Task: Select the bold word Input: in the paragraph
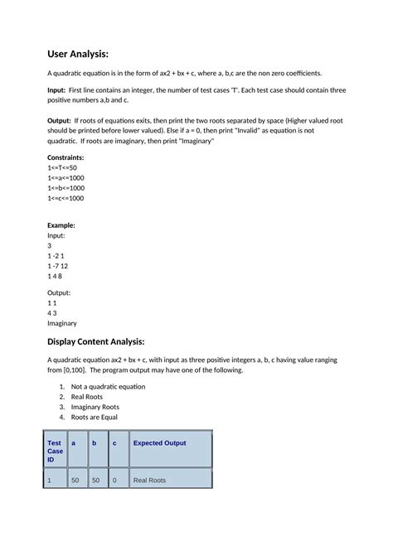point(60,89)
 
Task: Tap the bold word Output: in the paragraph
point(61,121)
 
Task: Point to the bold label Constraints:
point(65,157)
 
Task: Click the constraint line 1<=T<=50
point(62,167)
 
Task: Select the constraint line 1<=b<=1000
point(66,188)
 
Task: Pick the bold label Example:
point(61,224)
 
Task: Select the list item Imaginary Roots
point(95,407)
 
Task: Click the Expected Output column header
point(160,443)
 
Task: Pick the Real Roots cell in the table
point(150,480)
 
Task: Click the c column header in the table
point(114,443)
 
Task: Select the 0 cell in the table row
point(114,480)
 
